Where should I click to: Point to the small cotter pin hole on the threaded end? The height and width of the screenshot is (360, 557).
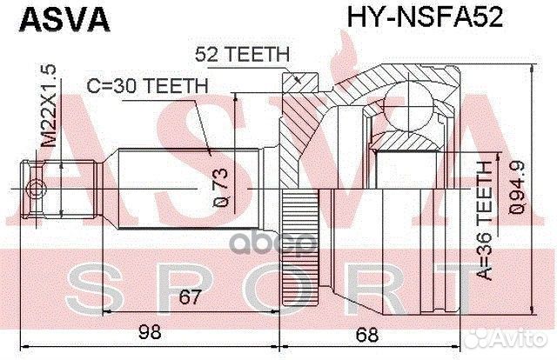click(x=35, y=190)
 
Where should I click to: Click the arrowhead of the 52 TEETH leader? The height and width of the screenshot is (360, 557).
click(x=299, y=81)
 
